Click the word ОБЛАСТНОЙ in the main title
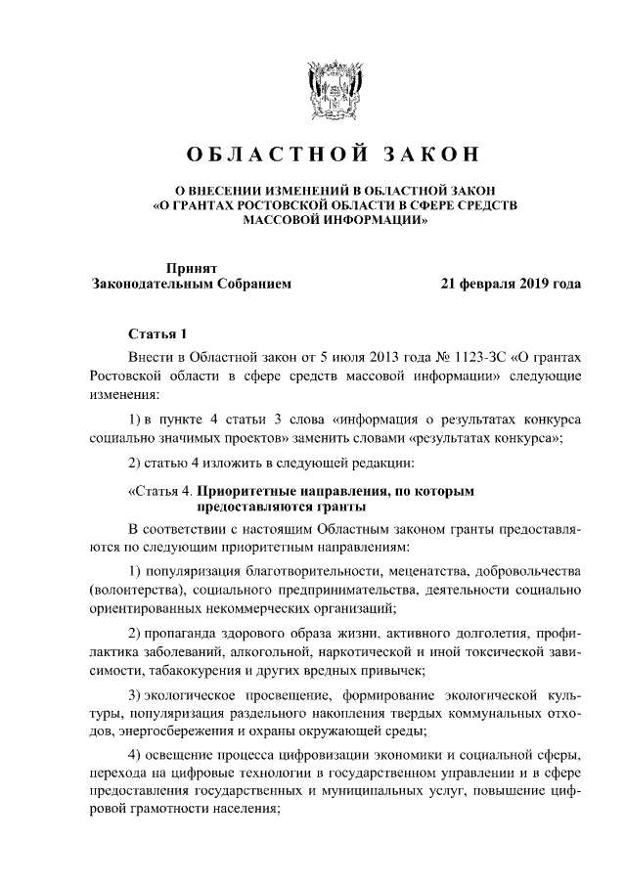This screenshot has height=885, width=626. (266, 155)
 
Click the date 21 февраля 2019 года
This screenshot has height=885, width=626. (512, 286)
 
